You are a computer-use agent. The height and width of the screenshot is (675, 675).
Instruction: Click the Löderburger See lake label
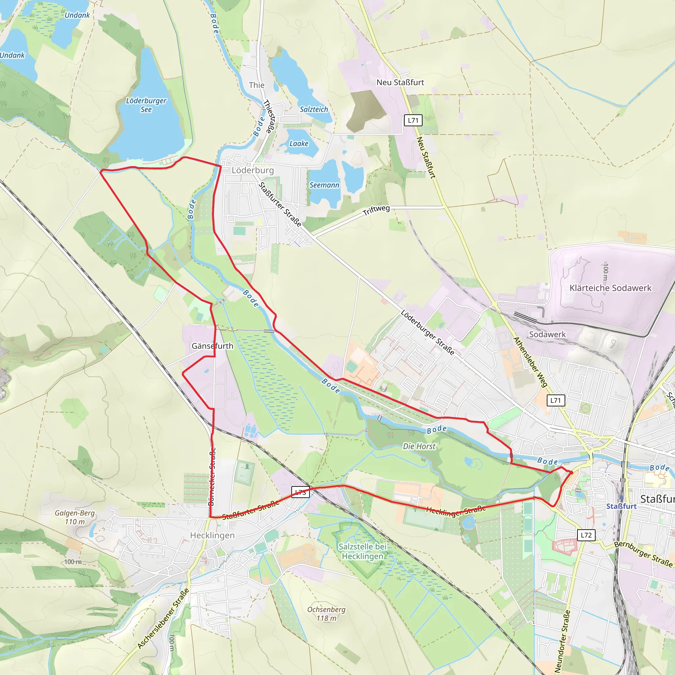coord(146,105)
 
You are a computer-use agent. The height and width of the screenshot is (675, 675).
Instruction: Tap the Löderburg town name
coord(252,170)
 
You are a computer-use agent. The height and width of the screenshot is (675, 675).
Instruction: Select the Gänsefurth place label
coord(213,346)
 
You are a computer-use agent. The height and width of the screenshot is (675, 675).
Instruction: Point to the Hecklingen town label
coord(212,535)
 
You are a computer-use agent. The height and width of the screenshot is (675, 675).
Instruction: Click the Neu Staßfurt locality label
coord(400,82)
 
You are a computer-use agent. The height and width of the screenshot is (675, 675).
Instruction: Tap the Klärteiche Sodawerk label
coord(610,288)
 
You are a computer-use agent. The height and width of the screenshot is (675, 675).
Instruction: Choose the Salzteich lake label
coord(314,109)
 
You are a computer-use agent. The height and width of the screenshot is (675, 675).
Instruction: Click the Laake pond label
coord(299,144)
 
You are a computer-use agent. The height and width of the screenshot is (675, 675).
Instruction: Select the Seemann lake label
coord(324,185)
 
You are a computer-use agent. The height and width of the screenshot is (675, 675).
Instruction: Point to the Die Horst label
coord(419,446)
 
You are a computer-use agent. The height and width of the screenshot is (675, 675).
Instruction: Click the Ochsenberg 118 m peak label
coord(326,614)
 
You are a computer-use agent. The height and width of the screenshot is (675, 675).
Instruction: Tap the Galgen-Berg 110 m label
coord(75,517)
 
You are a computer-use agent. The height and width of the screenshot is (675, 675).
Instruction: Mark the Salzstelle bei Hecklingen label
coord(362,551)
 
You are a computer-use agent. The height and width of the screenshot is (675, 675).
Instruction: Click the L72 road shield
coord(586,535)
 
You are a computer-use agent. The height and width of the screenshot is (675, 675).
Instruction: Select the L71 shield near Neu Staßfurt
coord(413,120)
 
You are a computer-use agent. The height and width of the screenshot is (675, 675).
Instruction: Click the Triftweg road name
coord(376,210)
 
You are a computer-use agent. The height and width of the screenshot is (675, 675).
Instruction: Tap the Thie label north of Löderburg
coord(256,85)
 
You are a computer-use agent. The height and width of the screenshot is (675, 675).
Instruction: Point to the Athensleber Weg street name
coord(530,362)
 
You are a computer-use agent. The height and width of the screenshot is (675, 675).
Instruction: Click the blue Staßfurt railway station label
coord(621,506)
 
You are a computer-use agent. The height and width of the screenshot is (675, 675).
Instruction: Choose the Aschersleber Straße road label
coord(163,619)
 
